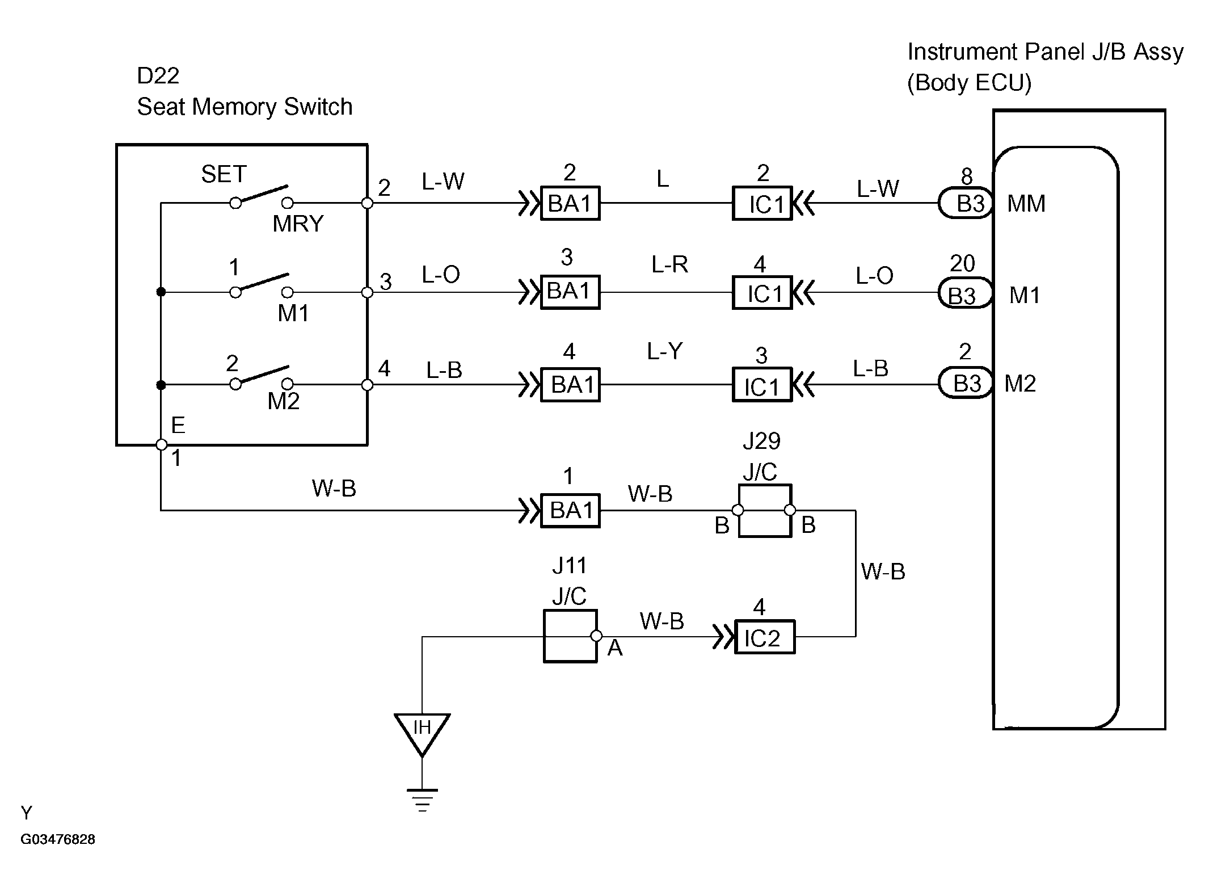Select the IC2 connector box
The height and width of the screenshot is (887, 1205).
pos(764,637)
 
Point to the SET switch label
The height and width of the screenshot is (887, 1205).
pos(224,174)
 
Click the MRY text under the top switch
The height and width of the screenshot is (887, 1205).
pos(298,224)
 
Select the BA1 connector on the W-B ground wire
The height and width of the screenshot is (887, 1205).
pos(570,510)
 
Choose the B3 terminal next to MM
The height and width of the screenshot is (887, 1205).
pos(966,203)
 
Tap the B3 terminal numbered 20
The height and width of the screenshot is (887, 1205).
pos(965,293)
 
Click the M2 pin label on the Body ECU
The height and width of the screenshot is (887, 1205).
pos(1020,384)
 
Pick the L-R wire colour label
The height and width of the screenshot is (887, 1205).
pos(669,264)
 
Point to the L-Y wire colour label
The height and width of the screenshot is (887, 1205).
pos(664,352)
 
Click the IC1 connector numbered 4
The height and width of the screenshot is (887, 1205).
pos(762,292)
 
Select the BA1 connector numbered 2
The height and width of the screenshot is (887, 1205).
pos(570,203)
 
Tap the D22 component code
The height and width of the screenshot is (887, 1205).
pos(158,75)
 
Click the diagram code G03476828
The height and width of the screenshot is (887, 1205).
pos(58,839)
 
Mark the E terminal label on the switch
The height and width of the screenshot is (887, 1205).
pos(178,425)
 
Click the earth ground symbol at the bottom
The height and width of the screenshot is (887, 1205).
pos(422,800)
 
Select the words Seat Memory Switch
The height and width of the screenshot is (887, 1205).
pos(245,107)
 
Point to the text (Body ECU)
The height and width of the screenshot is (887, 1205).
pos(969,83)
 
